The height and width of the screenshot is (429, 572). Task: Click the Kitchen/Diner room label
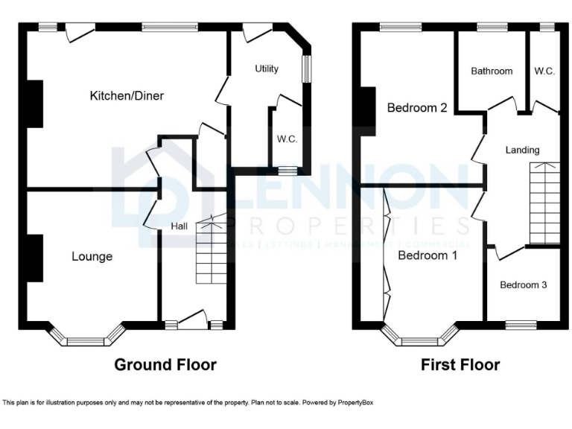pos(127,95)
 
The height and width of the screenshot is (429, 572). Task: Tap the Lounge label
pos(92,257)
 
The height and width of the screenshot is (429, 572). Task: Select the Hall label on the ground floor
pos(179,226)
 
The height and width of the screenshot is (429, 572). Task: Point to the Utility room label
pos(267,69)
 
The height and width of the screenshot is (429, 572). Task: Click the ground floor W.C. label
pos(287,139)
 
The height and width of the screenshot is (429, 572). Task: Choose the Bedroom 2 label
pos(417,108)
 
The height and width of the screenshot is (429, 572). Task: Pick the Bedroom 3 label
pos(523,285)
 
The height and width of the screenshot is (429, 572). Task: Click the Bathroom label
pos(492,71)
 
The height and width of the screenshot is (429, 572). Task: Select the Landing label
pos(522,150)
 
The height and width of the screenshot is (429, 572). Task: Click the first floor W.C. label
pos(544,71)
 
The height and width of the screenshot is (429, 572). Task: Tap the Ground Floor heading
pos(165,365)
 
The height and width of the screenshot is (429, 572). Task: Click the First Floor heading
pos(460,365)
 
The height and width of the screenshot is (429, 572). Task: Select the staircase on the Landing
pos(543,203)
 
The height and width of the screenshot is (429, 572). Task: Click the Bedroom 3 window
pos(521,324)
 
